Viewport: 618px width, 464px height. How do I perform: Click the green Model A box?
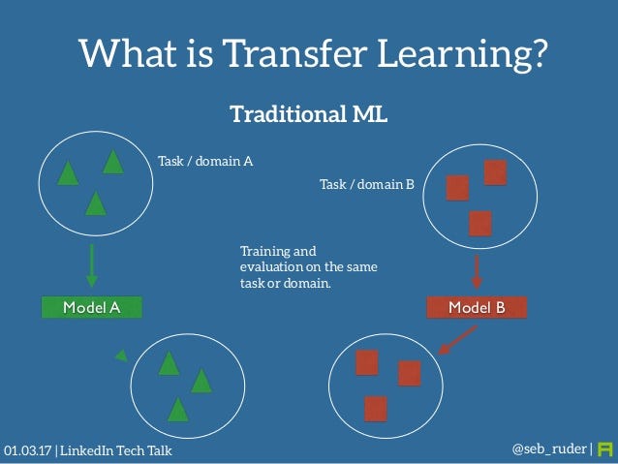pos(91,308)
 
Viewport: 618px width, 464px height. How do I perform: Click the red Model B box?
pos(477,308)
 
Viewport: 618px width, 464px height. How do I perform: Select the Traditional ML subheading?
pos(308,114)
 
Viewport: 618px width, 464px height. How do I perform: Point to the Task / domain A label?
pos(205,162)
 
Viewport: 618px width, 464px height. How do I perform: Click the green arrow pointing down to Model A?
pos(91,264)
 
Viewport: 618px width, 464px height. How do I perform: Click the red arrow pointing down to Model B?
pos(477,271)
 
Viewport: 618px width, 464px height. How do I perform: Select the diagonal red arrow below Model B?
pos(457,338)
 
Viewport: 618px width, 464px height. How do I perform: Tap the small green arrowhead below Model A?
pos(121,356)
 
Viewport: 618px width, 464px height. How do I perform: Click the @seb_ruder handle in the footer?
pos(548,449)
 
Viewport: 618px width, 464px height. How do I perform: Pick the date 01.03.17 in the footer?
pos(28,451)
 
